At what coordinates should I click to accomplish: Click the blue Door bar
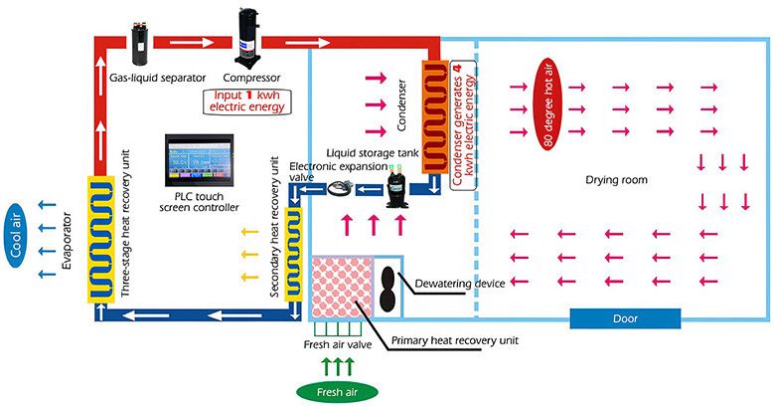(625, 318)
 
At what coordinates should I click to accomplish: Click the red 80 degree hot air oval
(548, 104)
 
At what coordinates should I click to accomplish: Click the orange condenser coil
(436, 115)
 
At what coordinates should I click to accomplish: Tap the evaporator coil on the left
(101, 238)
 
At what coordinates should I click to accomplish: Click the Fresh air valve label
(337, 345)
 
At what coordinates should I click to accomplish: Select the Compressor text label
(250, 77)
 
